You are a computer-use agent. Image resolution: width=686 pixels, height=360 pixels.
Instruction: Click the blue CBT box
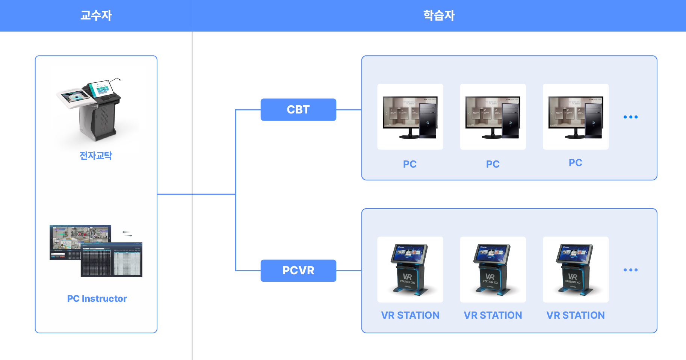(x=298, y=110)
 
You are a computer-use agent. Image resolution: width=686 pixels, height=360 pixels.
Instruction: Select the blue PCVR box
(x=298, y=271)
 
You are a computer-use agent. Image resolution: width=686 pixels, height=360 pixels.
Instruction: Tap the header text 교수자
(x=96, y=15)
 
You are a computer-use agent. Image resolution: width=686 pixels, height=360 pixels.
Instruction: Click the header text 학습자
(x=439, y=15)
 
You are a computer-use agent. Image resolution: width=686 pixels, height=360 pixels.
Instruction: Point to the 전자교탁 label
(x=96, y=156)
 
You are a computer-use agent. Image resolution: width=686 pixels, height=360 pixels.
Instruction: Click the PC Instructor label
(x=97, y=299)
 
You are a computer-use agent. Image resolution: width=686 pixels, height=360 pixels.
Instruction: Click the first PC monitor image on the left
(x=410, y=117)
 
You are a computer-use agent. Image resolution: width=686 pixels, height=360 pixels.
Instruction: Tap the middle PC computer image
(x=493, y=117)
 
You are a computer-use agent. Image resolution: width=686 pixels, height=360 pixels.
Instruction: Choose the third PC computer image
(x=576, y=117)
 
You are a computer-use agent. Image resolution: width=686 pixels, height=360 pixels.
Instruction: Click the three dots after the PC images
(x=630, y=117)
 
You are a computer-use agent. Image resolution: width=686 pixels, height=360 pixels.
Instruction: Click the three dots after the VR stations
(x=630, y=270)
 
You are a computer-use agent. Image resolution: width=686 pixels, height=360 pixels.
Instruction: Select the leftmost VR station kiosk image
(x=410, y=269)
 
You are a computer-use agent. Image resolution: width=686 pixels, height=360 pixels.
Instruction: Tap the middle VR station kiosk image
(x=493, y=269)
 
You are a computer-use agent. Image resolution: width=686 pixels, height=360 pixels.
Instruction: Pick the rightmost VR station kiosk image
(x=576, y=269)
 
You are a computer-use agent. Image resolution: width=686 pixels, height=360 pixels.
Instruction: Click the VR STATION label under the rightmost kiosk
(x=576, y=315)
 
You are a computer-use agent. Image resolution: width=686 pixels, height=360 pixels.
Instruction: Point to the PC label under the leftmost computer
(x=410, y=164)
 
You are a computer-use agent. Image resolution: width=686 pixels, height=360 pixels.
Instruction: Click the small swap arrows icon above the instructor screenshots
(x=127, y=234)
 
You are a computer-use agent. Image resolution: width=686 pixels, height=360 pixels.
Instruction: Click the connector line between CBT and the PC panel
(x=349, y=110)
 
